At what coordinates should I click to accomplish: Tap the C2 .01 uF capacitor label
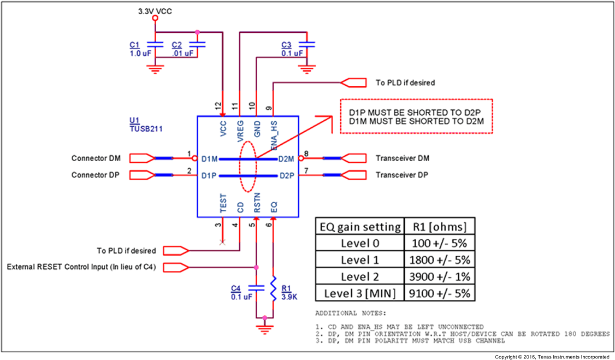[182, 49]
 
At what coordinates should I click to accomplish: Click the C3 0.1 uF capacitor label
[292, 49]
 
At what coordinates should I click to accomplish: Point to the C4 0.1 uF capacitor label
[241, 292]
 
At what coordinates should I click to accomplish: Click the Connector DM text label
[96, 158]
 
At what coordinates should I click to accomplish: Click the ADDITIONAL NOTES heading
[350, 314]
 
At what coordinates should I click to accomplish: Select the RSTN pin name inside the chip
[257, 203]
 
